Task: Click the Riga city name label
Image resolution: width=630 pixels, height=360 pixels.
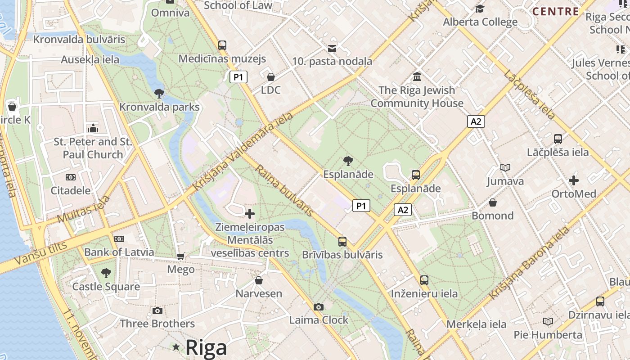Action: point(206,348)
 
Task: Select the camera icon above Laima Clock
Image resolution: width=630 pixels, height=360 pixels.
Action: point(319,307)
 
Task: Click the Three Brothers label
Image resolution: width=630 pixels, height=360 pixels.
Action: point(157,324)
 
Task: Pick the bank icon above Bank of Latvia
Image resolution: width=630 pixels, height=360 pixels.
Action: point(119,239)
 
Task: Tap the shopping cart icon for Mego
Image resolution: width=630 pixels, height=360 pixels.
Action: point(181,256)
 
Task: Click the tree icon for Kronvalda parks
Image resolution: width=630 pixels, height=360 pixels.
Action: point(159,94)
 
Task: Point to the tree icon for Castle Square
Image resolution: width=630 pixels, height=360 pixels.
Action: point(106,273)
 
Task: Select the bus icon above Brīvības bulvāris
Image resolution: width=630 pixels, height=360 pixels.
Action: point(342,242)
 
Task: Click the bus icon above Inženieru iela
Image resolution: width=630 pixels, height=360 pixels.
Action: point(424,280)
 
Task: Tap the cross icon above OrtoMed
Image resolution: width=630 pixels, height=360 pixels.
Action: point(574,180)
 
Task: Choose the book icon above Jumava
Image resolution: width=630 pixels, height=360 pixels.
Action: point(505,168)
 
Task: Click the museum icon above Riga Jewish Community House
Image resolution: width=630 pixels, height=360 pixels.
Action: point(417,77)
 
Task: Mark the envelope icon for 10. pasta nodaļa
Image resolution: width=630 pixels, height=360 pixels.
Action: point(332,48)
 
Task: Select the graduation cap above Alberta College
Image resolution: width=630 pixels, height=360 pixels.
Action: point(480,9)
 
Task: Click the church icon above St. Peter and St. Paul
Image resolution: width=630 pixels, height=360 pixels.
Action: point(93,128)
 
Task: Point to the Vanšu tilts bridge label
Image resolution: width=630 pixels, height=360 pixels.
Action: point(40,253)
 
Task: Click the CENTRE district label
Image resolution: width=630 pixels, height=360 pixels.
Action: point(556,12)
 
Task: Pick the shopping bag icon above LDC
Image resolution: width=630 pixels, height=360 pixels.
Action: point(271,77)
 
